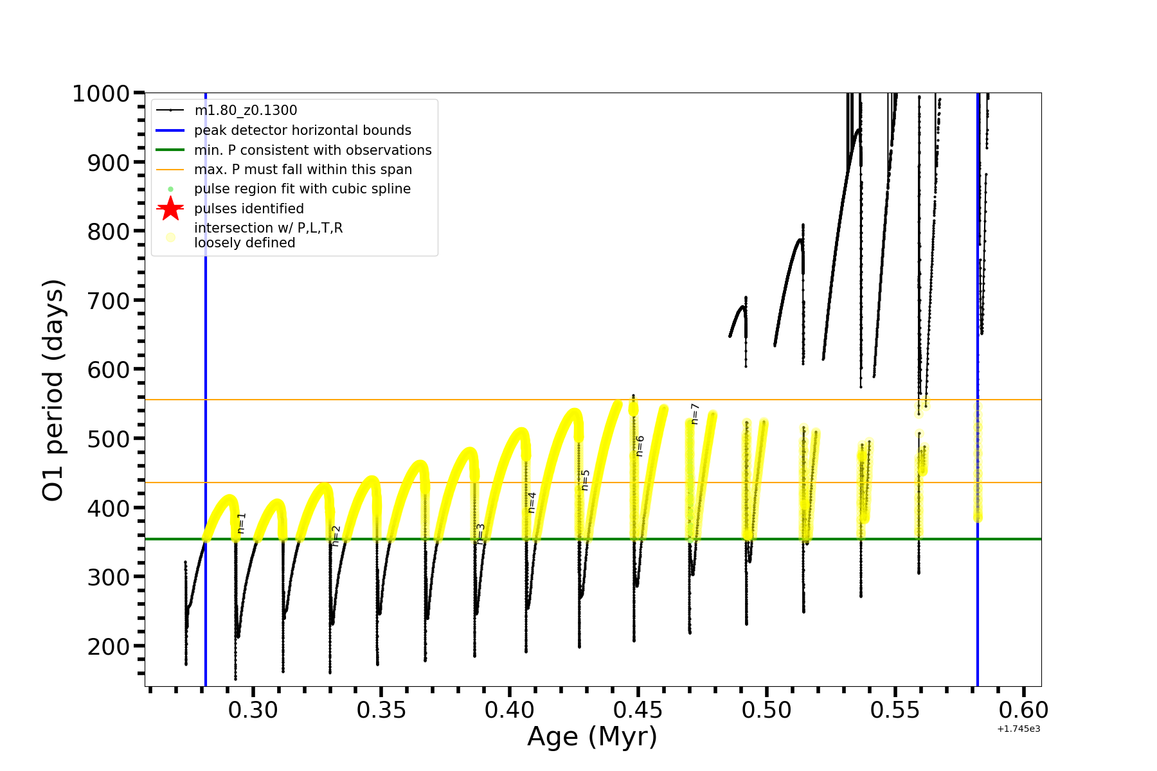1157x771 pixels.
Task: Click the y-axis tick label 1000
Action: point(101,94)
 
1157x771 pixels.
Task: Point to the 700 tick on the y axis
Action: point(109,301)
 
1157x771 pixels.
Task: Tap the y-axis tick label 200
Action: point(109,646)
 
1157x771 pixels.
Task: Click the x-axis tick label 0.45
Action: point(638,710)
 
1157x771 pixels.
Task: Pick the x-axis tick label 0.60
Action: point(1023,710)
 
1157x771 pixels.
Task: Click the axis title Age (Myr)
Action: point(592,737)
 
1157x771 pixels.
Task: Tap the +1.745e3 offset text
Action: point(1018,729)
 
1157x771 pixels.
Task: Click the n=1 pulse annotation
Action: point(242,523)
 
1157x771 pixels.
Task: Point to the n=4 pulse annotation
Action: point(532,502)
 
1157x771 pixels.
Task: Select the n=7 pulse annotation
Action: point(695,414)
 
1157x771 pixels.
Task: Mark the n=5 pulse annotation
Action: point(585,480)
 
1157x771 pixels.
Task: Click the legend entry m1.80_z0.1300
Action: point(246,111)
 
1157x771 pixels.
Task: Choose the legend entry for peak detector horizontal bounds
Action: point(302,130)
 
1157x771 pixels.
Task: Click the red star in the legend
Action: point(170,208)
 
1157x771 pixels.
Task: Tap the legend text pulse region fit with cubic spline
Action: point(302,189)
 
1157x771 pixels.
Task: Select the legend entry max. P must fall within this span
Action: point(303,170)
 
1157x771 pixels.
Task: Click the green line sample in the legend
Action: point(170,150)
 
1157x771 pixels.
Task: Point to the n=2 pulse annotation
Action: point(336,536)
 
